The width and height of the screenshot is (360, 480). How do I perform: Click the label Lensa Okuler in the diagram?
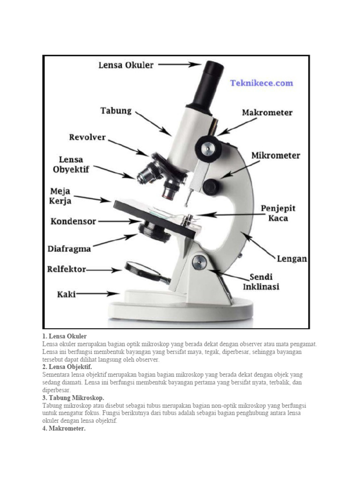tap(126, 65)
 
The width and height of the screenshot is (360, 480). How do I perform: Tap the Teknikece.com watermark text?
tap(261, 83)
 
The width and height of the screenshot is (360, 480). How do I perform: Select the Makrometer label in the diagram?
tap(267, 113)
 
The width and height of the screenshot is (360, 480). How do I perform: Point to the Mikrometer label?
tap(276, 156)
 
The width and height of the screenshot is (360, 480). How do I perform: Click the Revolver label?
tap(87, 138)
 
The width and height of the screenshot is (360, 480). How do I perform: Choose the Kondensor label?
tap(73, 220)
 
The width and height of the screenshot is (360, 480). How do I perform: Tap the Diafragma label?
tap(69, 248)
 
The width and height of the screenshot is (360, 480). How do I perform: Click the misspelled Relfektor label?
tap(67, 270)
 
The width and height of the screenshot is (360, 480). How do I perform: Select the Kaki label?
tap(67, 294)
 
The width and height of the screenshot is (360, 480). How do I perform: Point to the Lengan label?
tap(291, 259)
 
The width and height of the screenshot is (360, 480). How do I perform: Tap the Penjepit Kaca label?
tap(277, 213)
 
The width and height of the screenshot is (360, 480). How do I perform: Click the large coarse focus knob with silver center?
tap(209, 148)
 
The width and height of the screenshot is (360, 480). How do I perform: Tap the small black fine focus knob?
tap(211, 186)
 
